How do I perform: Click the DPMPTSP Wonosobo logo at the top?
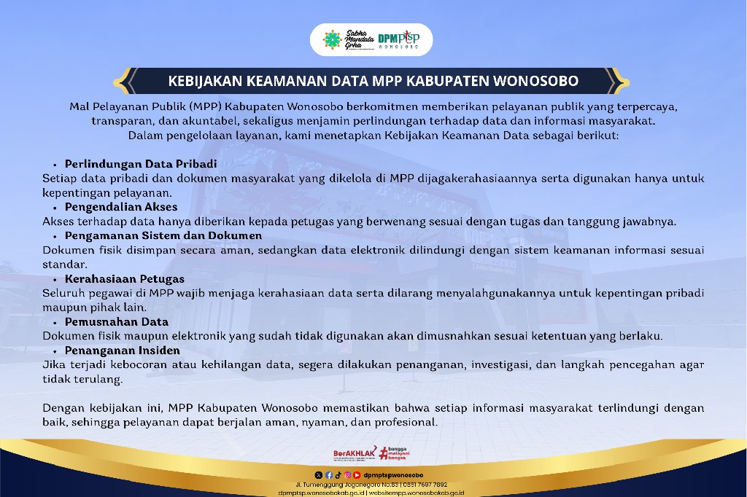click(x=399, y=39)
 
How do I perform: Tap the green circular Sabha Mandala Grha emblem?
click(x=332, y=39)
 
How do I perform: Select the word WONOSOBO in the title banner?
click(x=535, y=81)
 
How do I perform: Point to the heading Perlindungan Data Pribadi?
click(x=141, y=164)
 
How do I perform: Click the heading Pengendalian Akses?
click(x=121, y=207)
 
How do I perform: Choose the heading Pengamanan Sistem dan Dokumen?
click(x=163, y=235)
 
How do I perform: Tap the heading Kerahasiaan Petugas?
click(x=124, y=279)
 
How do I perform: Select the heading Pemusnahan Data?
click(x=116, y=322)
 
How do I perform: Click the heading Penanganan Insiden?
click(x=123, y=351)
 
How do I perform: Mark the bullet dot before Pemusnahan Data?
click(x=55, y=324)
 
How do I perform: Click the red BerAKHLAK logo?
click(x=355, y=453)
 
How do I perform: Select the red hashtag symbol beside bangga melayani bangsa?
click(x=384, y=453)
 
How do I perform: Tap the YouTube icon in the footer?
click(x=357, y=475)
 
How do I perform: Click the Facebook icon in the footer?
click(x=329, y=475)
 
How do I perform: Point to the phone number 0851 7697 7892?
click(x=425, y=485)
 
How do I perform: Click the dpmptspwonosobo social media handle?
click(x=393, y=475)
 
